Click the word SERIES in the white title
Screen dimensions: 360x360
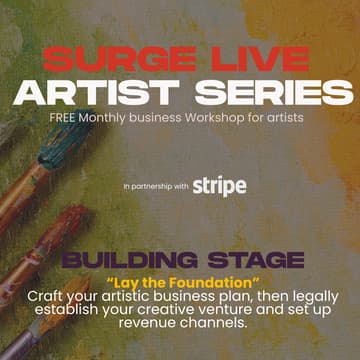pos(277,94)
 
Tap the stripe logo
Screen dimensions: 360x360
pos(219,186)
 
